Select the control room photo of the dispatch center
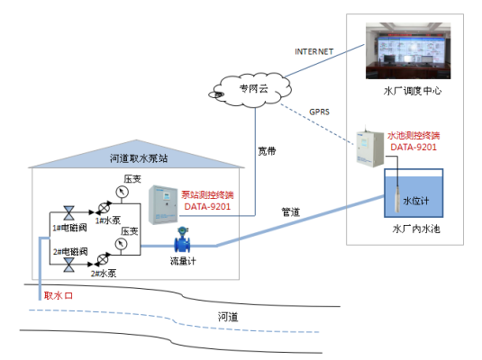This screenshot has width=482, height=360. [x=410, y=49]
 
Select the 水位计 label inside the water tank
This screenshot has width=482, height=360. [x=416, y=201]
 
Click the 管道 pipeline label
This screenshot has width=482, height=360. [x=291, y=212]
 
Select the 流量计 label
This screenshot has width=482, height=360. [x=183, y=262]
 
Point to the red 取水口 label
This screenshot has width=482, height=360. [x=56, y=294]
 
